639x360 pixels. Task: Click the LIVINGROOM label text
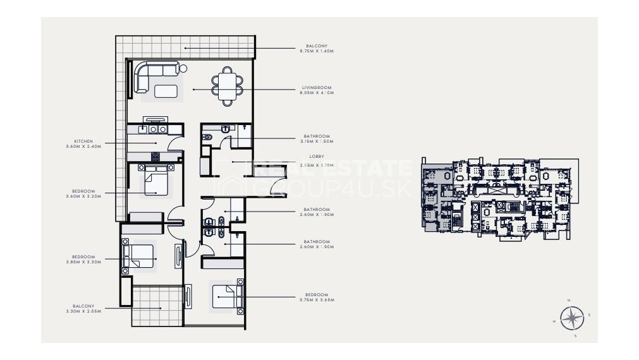[317, 88]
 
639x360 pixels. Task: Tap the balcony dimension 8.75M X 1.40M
[317, 51]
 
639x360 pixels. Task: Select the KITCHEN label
[83, 141]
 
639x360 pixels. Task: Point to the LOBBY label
[317, 156]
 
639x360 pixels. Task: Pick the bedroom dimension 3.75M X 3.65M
[317, 300]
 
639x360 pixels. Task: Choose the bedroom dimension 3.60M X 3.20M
[83, 196]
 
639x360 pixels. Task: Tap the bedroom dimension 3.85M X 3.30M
[83, 262]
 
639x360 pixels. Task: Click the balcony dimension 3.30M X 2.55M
[83, 311]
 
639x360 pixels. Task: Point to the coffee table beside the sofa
[166, 91]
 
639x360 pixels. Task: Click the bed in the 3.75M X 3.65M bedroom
[227, 296]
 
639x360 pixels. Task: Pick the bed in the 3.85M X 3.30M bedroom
[140, 256]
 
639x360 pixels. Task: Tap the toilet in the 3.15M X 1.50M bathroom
[207, 136]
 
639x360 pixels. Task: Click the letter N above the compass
[569, 300]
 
